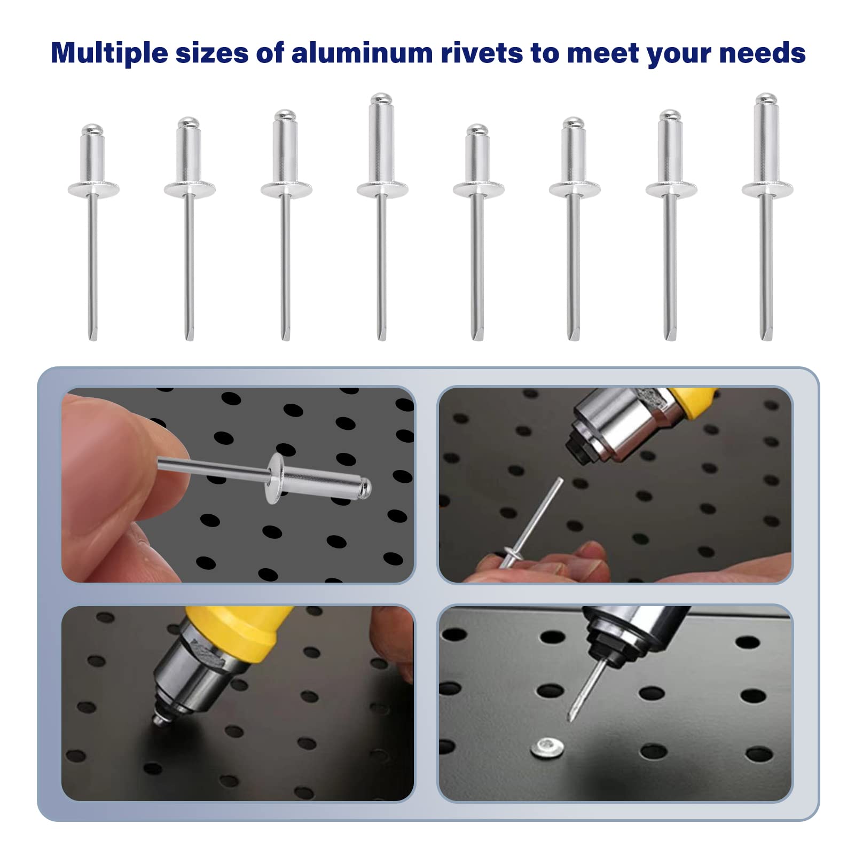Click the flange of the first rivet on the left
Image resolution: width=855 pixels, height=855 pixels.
click(93, 189)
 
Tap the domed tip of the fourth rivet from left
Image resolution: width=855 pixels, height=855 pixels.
click(381, 99)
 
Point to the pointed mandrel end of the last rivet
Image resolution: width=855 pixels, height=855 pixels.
click(766, 334)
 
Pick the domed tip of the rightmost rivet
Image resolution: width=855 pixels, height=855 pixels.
click(766, 99)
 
